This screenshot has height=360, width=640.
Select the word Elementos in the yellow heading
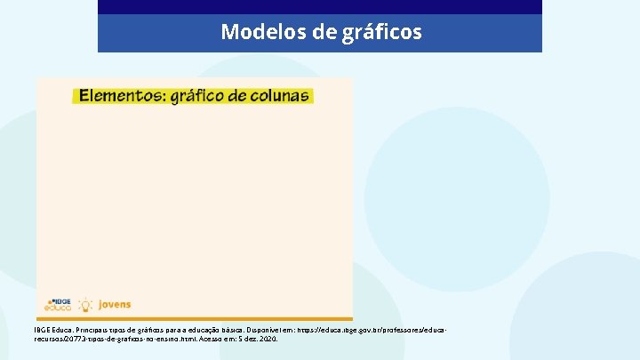pos(117,95)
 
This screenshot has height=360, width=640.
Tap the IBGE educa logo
pos(59,304)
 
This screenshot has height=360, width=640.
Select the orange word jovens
pos(115,304)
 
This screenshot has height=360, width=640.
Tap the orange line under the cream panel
pos(195,318)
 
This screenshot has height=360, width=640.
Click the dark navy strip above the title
pos(320,6)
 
